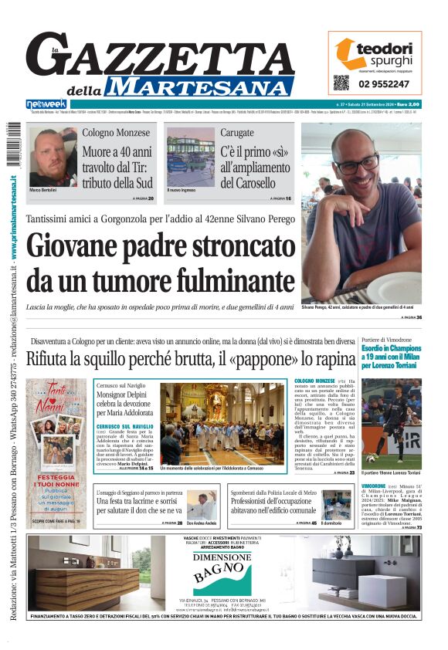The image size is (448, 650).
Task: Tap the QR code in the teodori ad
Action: pos(341,83)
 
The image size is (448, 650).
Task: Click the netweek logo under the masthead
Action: pos(46,104)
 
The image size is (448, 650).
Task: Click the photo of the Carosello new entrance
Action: pos(190,157)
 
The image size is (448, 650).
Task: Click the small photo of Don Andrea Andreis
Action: pos(202,506)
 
